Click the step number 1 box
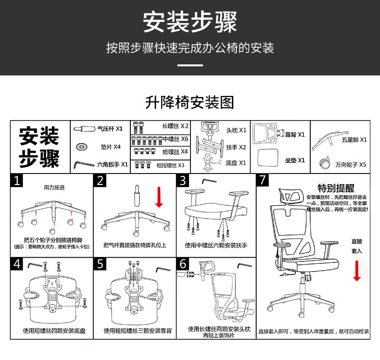(x=17, y=181)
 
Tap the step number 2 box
(x=100, y=181)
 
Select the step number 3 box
(x=183, y=181)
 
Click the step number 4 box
(x=17, y=264)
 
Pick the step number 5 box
(x=100, y=264)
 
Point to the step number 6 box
(x=183, y=264)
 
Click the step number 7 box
(x=263, y=181)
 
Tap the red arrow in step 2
(x=159, y=197)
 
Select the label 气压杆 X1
(x=110, y=129)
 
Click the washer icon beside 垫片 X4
(x=81, y=146)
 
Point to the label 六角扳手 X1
(x=113, y=164)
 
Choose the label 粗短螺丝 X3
(x=170, y=165)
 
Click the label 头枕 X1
(x=236, y=130)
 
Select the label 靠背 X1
(x=294, y=135)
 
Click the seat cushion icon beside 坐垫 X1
(x=268, y=156)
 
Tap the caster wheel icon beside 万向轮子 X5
(x=324, y=163)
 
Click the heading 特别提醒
(x=336, y=188)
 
